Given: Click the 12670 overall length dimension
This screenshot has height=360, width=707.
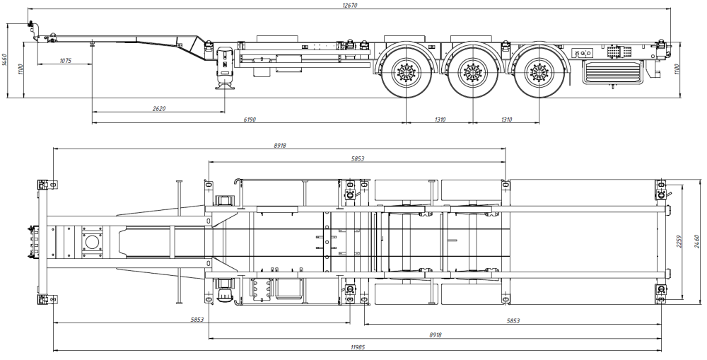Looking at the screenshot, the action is [x=351, y=5].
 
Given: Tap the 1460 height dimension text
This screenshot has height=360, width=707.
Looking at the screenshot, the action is [x=4, y=59].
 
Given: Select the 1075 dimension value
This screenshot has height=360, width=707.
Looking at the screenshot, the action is [x=65, y=60].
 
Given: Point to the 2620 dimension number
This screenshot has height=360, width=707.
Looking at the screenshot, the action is [x=158, y=108].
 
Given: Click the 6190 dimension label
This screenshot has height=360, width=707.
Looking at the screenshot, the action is [x=250, y=120].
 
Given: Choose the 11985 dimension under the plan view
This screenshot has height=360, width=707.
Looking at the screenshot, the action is [x=358, y=347].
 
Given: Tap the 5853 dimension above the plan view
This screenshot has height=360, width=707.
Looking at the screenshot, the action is [x=357, y=158].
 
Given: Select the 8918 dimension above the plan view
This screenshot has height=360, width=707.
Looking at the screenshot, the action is [x=279, y=145].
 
